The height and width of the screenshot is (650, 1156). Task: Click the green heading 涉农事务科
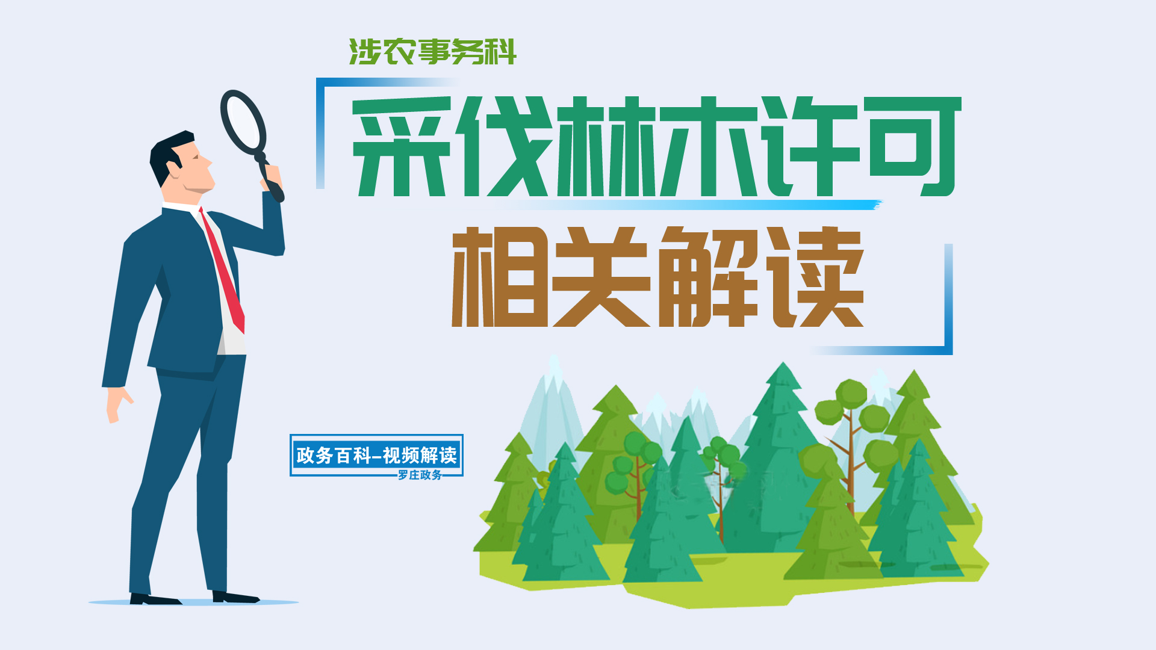432,52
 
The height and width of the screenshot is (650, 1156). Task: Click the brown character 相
500,277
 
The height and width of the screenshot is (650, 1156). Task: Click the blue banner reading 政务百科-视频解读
376,455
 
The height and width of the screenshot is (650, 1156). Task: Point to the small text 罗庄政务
420,475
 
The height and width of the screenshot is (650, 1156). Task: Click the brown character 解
708,277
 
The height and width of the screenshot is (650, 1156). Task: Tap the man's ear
175,167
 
